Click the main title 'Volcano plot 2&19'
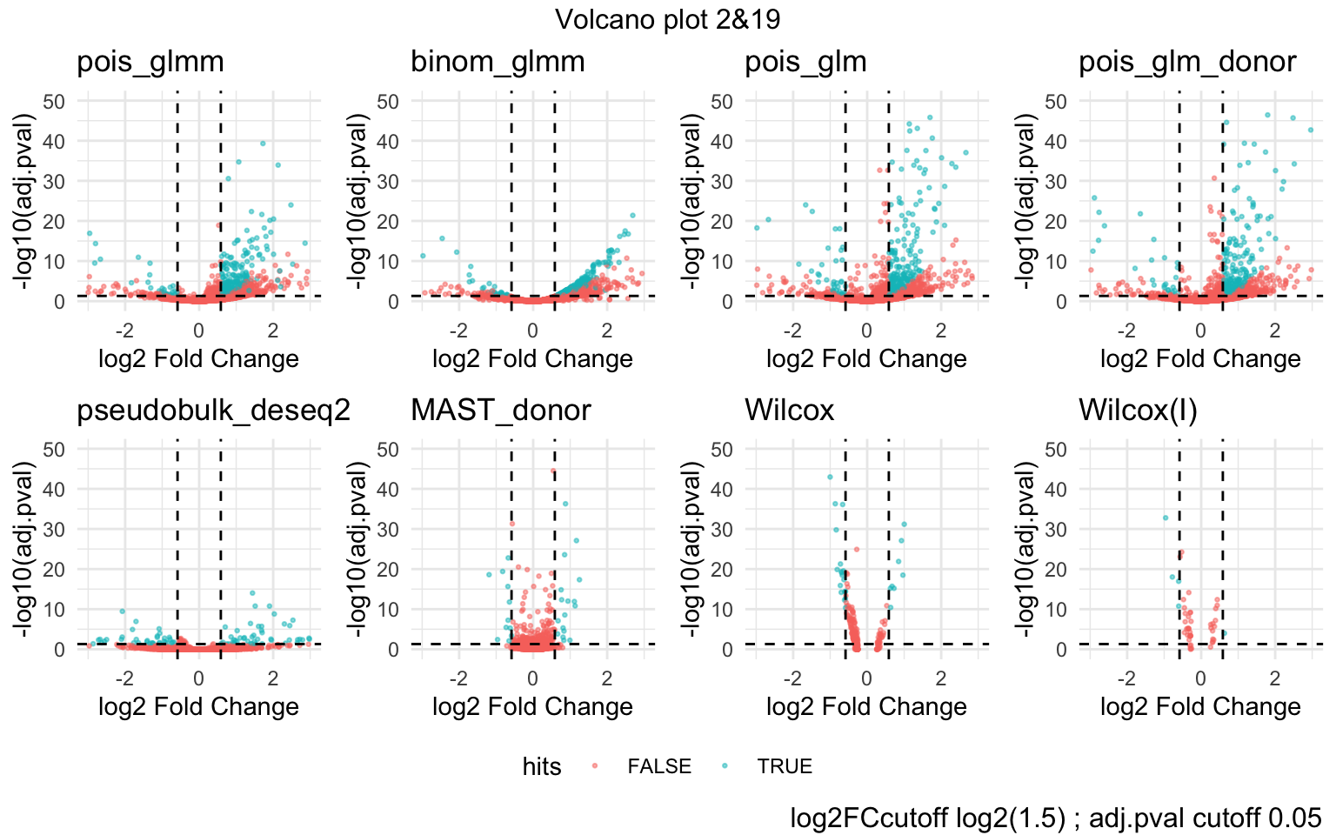tap(668, 19)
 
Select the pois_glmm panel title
tap(150, 62)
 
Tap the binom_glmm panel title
tap(498, 62)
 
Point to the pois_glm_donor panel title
tap(1187, 62)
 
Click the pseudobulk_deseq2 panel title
tap(213, 410)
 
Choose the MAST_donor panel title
tap(501, 410)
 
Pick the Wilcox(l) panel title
tap(1138, 410)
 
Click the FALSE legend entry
tap(659, 766)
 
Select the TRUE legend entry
tap(785, 766)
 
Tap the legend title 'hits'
tap(542, 766)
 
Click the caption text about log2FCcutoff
tap(1056, 818)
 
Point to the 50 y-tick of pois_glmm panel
tap(54, 101)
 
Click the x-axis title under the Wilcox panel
tap(866, 706)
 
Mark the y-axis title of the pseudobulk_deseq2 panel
tap(23, 549)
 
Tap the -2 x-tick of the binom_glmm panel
tap(458, 331)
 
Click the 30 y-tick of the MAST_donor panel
tap(388, 529)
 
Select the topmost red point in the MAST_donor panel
tap(553, 471)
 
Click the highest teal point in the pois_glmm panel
tap(263, 144)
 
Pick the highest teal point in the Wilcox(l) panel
tap(1166, 518)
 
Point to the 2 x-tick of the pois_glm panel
tap(941, 331)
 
